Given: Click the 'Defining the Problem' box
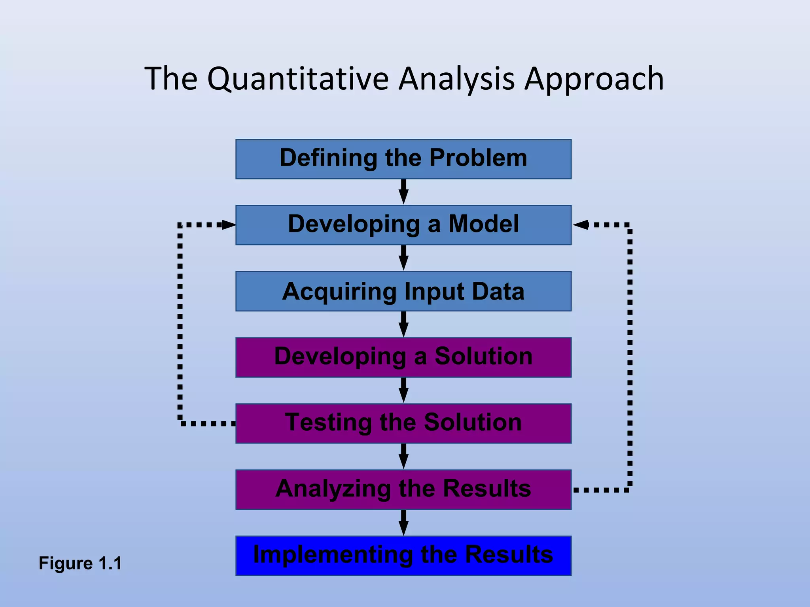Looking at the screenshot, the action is pos(403,159).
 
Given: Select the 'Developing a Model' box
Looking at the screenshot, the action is pos(403,225).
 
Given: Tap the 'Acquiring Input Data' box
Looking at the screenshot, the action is pos(403,291).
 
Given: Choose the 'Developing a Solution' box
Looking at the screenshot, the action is pos(403,357).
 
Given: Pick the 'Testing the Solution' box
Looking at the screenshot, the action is pos(403,423).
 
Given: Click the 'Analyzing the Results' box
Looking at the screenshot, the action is pos(403,489).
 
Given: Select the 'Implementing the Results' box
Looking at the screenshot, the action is pos(403,556).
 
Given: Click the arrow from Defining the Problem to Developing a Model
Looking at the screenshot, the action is pos(403,192).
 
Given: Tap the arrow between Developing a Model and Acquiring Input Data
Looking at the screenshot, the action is pos(403,258).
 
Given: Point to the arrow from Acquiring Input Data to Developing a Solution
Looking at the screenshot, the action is pos(403,324).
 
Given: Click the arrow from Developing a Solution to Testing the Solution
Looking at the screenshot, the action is pos(403,390).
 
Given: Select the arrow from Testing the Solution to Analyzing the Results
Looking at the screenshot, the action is pos(403,456).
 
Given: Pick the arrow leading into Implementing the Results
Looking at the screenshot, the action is pos(403,522).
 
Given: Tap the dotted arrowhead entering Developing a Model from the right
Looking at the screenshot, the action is pos(580,225).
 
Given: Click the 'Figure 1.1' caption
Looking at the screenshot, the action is pos(80,563).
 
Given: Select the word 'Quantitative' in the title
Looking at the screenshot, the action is pos(298,79).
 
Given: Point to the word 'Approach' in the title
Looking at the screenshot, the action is pos(594,79).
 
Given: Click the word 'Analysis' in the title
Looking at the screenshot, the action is pos(456,79).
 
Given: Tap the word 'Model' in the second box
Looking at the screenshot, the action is pos(483,224).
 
